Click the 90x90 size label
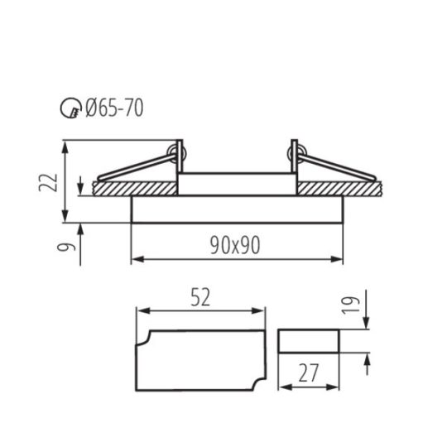point(237,245)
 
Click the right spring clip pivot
point(297,151)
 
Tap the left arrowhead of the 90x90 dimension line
point(135,260)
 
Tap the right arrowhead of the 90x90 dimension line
point(339,260)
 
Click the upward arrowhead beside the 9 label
point(80,226)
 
